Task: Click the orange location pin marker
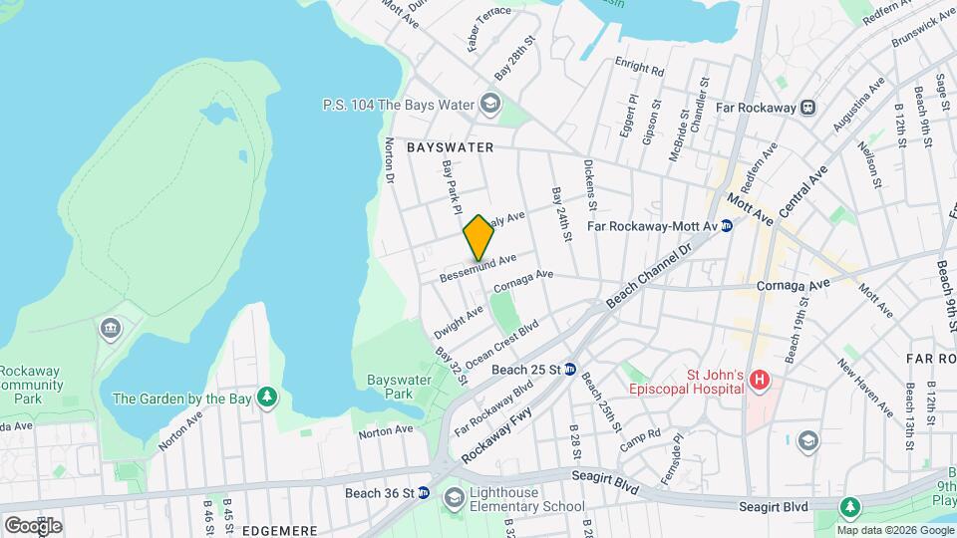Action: coord(478,238)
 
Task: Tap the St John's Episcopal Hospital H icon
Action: coord(760,380)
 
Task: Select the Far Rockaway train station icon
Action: coord(808,107)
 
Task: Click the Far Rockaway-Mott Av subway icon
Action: coord(727,226)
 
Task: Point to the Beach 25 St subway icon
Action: coord(570,370)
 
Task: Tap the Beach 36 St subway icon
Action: coord(423,493)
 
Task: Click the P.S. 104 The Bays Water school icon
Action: coord(489,104)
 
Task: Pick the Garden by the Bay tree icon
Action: coord(267,399)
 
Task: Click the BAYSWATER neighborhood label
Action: coord(451,146)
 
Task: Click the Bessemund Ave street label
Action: coord(479,266)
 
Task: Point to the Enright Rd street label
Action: coord(639,71)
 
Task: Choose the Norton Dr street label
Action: coord(390,160)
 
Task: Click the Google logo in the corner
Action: coord(33,525)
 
